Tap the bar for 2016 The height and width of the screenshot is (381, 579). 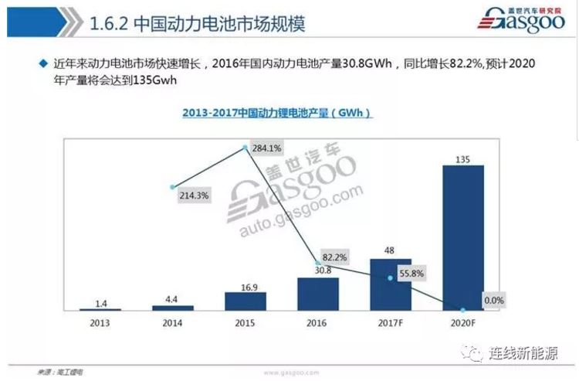(x=317, y=294)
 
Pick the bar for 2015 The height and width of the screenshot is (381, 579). (x=245, y=301)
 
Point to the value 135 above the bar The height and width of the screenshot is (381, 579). (x=463, y=158)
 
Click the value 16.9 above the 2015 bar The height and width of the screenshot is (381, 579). (x=245, y=284)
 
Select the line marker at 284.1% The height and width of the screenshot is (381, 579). (x=245, y=147)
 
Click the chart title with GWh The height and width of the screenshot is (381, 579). (x=277, y=113)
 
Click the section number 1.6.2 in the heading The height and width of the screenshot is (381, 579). (x=108, y=23)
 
